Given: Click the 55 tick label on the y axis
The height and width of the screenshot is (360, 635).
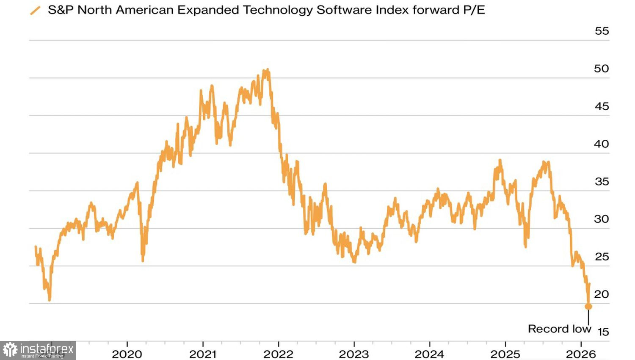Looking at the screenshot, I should point(602,31).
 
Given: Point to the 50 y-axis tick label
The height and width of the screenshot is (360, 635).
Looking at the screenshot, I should point(602,69).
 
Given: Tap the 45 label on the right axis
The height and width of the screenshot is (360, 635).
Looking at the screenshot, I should point(602,106).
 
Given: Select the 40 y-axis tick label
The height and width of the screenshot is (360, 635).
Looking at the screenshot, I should point(602,144).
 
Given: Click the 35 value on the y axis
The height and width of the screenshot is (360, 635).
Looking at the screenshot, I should point(602,182).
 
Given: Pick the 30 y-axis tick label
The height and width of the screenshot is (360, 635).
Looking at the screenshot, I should point(602,219).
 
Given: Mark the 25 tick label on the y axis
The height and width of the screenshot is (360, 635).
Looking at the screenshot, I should point(602,257).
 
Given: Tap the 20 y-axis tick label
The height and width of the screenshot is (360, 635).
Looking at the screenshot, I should point(602,294).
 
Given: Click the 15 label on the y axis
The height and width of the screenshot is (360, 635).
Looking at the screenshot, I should point(603,332).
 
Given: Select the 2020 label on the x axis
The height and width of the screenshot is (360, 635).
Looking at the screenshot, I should point(127,354).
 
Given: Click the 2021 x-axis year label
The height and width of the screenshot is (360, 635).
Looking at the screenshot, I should point(203,354).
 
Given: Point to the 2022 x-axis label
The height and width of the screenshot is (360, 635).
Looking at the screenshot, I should point(278,354).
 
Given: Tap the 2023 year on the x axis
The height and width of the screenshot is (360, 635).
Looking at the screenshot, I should point(354,354).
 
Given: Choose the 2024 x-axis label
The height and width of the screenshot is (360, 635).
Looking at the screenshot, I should point(429,354).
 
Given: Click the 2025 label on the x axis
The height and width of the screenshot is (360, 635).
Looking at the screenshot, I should point(505,354).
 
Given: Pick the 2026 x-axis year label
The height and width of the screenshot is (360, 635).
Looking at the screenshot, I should point(581,354).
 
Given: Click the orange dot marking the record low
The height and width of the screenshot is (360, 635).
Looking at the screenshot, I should point(588,306).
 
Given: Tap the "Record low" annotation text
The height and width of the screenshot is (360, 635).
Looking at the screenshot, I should point(559,329).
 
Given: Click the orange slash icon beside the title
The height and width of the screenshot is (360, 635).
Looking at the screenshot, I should point(36,10).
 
